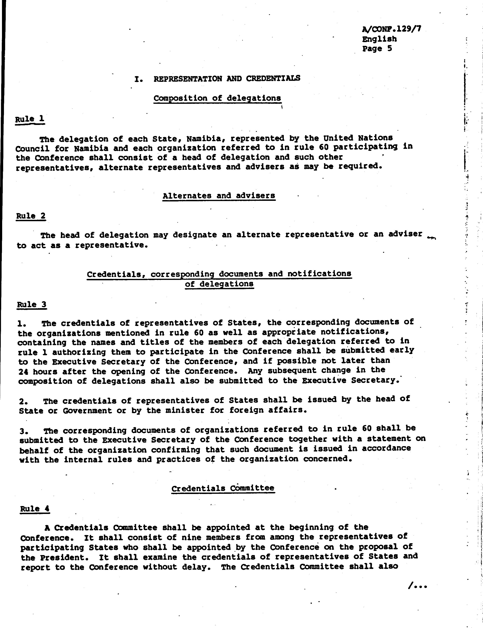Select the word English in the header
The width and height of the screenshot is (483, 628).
pyautogui.click(x=379, y=39)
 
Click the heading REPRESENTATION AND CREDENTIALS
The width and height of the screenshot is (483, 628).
pyautogui.click(x=227, y=78)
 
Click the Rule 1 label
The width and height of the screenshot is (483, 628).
pyautogui.click(x=30, y=119)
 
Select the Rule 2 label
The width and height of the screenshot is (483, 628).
pyautogui.click(x=31, y=216)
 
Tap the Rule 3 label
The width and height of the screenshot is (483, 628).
pyautogui.click(x=32, y=304)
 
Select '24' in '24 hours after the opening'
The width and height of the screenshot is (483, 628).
pyautogui.click(x=23, y=372)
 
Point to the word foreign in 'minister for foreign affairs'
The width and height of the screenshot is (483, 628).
pyautogui.click(x=241, y=410)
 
